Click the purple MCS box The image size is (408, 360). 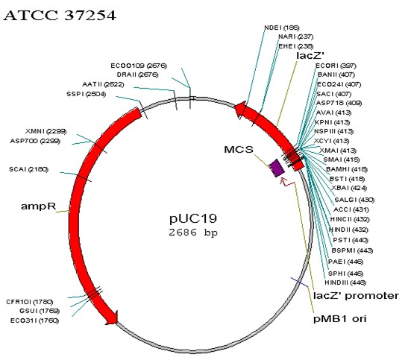tap(277, 168)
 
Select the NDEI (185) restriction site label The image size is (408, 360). tap(281, 28)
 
